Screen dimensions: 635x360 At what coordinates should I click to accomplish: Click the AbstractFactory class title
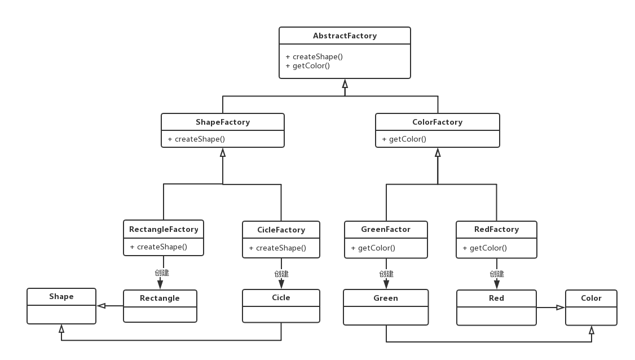click(x=345, y=36)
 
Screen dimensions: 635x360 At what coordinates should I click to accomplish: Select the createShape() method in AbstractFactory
click(x=314, y=57)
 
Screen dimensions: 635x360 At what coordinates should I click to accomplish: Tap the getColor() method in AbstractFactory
click(x=308, y=65)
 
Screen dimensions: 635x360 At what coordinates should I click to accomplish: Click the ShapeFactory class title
click(x=223, y=122)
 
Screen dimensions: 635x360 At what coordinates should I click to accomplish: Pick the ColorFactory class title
click(x=438, y=122)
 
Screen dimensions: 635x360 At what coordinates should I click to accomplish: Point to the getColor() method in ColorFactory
click(x=404, y=139)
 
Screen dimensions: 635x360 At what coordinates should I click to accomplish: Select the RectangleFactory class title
click(x=164, y=230)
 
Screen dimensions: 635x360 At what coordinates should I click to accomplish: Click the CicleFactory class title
click(x=281, y=230)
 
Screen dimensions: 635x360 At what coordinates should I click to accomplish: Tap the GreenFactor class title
click(x=386, y=230)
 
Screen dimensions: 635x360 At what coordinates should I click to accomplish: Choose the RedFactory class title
click(x=496, y=230)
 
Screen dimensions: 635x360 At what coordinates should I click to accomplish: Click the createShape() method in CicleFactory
click(x=277, y=248)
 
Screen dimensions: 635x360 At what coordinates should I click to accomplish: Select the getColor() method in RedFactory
click(x=485, y=248)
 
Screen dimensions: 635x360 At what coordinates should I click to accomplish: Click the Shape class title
click(x=61, y=296)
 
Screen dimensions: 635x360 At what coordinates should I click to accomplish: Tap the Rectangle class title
click(x=160, y=298)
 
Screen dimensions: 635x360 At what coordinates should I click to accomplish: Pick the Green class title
click(x=386, y=298)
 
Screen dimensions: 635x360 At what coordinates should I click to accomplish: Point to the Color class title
click(x=591, y=298)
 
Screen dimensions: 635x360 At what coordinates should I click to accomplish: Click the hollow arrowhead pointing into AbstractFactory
click(x=345, y=84)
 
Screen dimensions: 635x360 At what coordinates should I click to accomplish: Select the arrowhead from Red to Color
click(x=561, y=308)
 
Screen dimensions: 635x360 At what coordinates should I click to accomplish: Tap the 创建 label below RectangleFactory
click(x=162, y=273)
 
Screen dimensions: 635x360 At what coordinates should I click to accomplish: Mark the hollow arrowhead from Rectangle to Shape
click(x=102, y=306)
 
